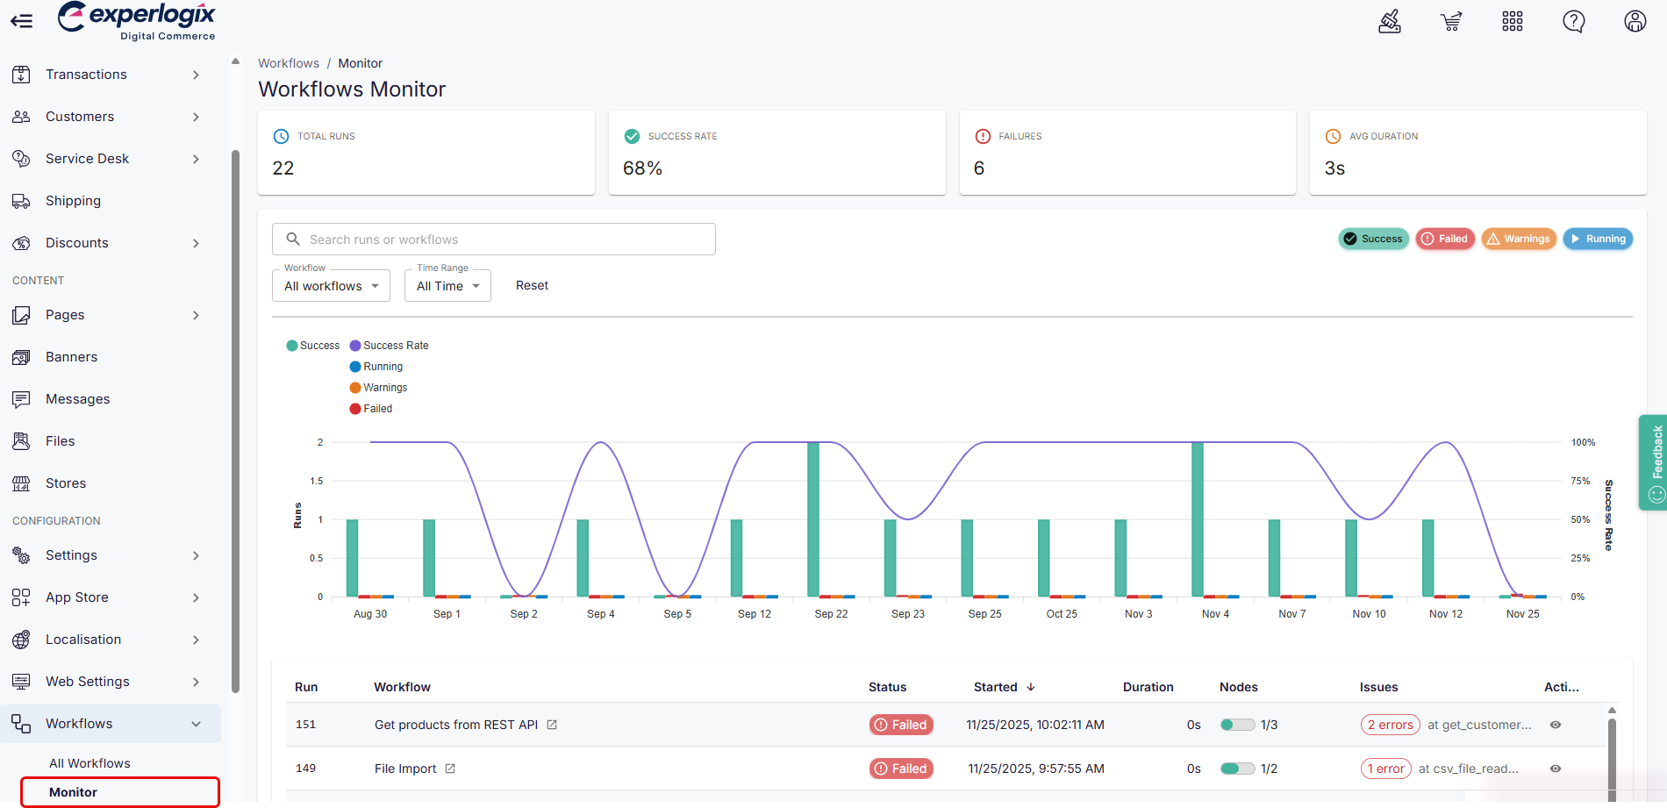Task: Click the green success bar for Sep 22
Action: pyautogui.click(x=813, y=519)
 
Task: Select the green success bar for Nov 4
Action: pyautogui.click(x=1198, y=519)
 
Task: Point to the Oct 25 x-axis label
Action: pyautogui.click(x=1062, y=614)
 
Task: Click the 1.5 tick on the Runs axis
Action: pyautogui.click(x=317, y=481)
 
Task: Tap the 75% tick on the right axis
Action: pyautogui.click(x=1580, y=481)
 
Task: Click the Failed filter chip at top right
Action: pyautogui.click(x=1444, y=239)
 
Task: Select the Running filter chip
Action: pyautogui.click(x=1598, y=239)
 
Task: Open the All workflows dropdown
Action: pyautogui.click(x=331, y=286)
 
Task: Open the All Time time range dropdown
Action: pyautogui.click(x=447, y=286)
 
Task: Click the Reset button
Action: pyautogui.click(x=532, y=286)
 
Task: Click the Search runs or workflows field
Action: pyautogui.click(x=493, y=240)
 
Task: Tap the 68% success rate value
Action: pyautogui.click(x=642, y=168)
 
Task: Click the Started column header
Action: pyautogui.click(x=996, y=687)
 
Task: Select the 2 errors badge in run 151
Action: pyautogui.click(x=1390, y=725)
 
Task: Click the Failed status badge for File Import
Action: pyautogui.click(x=901, y=769)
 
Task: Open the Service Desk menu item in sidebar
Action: pyautogui.click(x=88, y=159)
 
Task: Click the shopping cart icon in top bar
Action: pyautogui.click(x=1451, y=21)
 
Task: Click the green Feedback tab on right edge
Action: pyautogui.click(x=1653, y=462)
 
